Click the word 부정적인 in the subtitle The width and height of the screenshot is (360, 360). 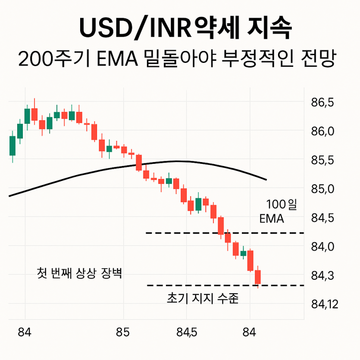[x=255, y=59]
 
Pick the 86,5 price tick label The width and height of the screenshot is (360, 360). [x=322, y=103]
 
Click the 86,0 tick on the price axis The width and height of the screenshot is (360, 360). [x=322, y=131]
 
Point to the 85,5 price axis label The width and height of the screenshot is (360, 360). [x=322, y=160]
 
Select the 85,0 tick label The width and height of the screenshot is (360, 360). [x=322, y=189]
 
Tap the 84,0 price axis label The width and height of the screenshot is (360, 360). [x=322, y=247]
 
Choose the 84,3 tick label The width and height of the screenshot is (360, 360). [x=322, y=275]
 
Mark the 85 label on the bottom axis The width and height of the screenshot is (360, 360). [x=123, y=332]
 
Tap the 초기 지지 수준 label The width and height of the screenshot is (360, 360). [x=202, y=298]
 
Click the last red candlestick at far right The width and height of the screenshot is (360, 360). [x=258, y=277]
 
